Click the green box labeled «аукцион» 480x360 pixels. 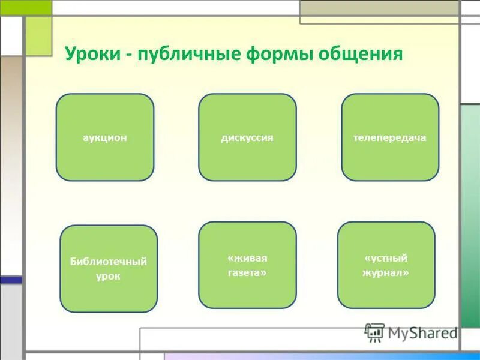point(105,137)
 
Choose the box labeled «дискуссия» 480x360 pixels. point(247,137)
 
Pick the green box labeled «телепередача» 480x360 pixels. point(390,137)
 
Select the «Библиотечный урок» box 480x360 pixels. point(109,268)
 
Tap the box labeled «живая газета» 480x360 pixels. point(247,265)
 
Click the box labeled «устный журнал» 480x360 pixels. point(386,265)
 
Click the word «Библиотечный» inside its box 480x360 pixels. point(109,261)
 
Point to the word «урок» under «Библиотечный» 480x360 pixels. point(109,276)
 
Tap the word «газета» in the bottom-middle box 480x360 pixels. point(247,272)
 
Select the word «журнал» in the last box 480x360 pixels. point(386,272)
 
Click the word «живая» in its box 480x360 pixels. point(247,257)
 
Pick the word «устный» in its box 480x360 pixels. point(386,257)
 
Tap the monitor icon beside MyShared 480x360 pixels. point(374,332)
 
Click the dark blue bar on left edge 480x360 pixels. point(11,280)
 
